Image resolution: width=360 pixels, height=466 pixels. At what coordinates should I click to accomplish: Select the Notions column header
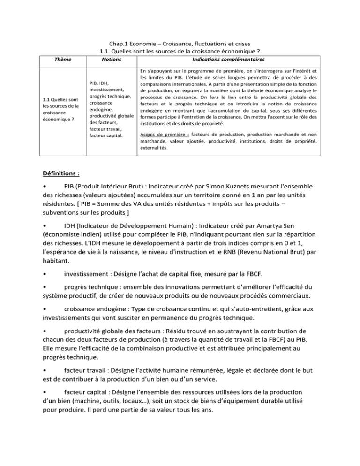pos(111,60)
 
